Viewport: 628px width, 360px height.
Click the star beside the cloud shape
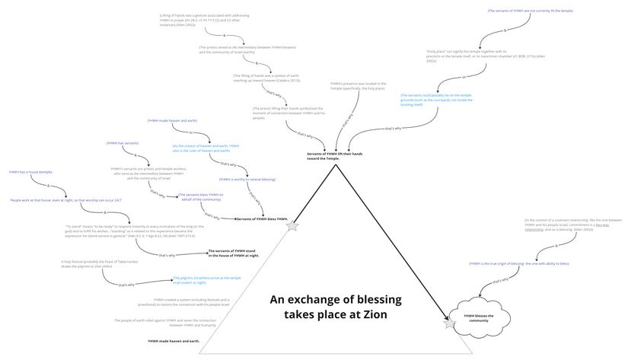[450, 324]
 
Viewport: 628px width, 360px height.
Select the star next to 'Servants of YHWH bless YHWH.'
[292, 226]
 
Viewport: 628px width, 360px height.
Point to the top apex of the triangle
[336, 167]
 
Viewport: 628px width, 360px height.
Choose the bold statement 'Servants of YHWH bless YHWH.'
[261, 218]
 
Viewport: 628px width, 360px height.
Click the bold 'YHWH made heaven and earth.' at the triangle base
[174, 341]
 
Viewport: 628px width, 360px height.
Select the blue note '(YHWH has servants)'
[122, 143]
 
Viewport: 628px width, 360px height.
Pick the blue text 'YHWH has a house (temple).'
[30, 172]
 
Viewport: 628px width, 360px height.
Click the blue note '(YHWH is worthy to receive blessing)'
[247, 179]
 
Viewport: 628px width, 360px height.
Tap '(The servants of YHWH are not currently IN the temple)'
[530, 11]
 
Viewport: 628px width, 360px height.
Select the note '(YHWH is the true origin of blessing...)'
[518, 263]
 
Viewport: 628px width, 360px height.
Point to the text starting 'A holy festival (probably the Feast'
[88, 263]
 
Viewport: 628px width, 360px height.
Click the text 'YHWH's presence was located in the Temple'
[358, 85]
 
